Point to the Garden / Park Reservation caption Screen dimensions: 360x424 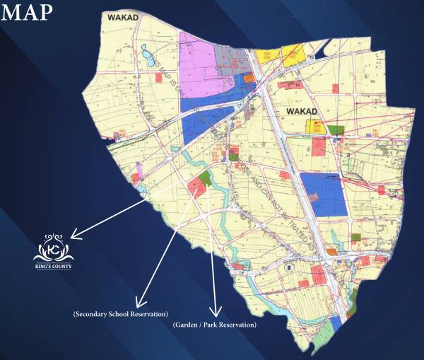214,325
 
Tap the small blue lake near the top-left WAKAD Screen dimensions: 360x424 149,56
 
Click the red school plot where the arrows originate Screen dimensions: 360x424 195,187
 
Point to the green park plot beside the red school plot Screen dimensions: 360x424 206,178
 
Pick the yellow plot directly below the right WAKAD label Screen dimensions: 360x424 315,127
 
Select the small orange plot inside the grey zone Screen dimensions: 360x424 247,79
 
